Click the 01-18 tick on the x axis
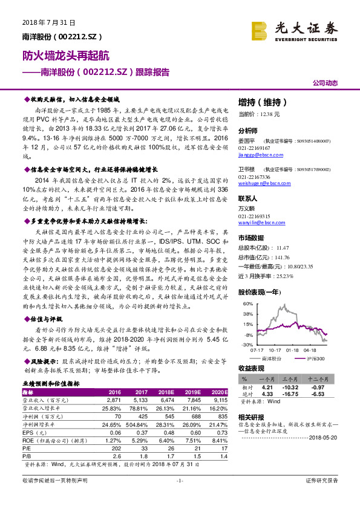(294, 349)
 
